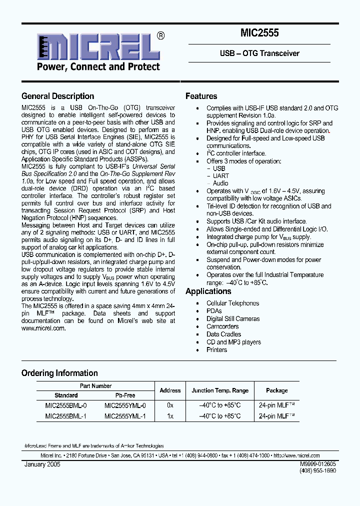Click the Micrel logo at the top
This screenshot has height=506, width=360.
point(95,51)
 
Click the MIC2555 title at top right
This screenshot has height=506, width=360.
point(259,34)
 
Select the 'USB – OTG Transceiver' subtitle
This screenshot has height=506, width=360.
point(259,53)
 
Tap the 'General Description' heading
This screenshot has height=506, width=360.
point(57,96)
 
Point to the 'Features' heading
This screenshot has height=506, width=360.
point(201,96)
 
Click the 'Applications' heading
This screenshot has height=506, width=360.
point(208,291)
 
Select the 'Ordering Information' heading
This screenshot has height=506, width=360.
point(59,373)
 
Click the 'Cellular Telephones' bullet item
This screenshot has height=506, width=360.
point(232,303)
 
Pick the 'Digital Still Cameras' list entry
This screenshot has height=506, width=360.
point(232,319)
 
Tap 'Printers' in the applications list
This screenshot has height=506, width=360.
point(216,350)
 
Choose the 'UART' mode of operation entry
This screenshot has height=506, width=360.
point(220,176)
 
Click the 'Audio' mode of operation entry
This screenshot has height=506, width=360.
point(220,183)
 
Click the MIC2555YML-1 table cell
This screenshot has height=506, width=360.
point(125,416)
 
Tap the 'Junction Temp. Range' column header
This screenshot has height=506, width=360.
point(220,390)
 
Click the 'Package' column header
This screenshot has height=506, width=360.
point(276,390)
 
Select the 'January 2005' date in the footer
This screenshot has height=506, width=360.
point(42,464)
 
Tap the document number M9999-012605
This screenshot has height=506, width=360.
point(318,464)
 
